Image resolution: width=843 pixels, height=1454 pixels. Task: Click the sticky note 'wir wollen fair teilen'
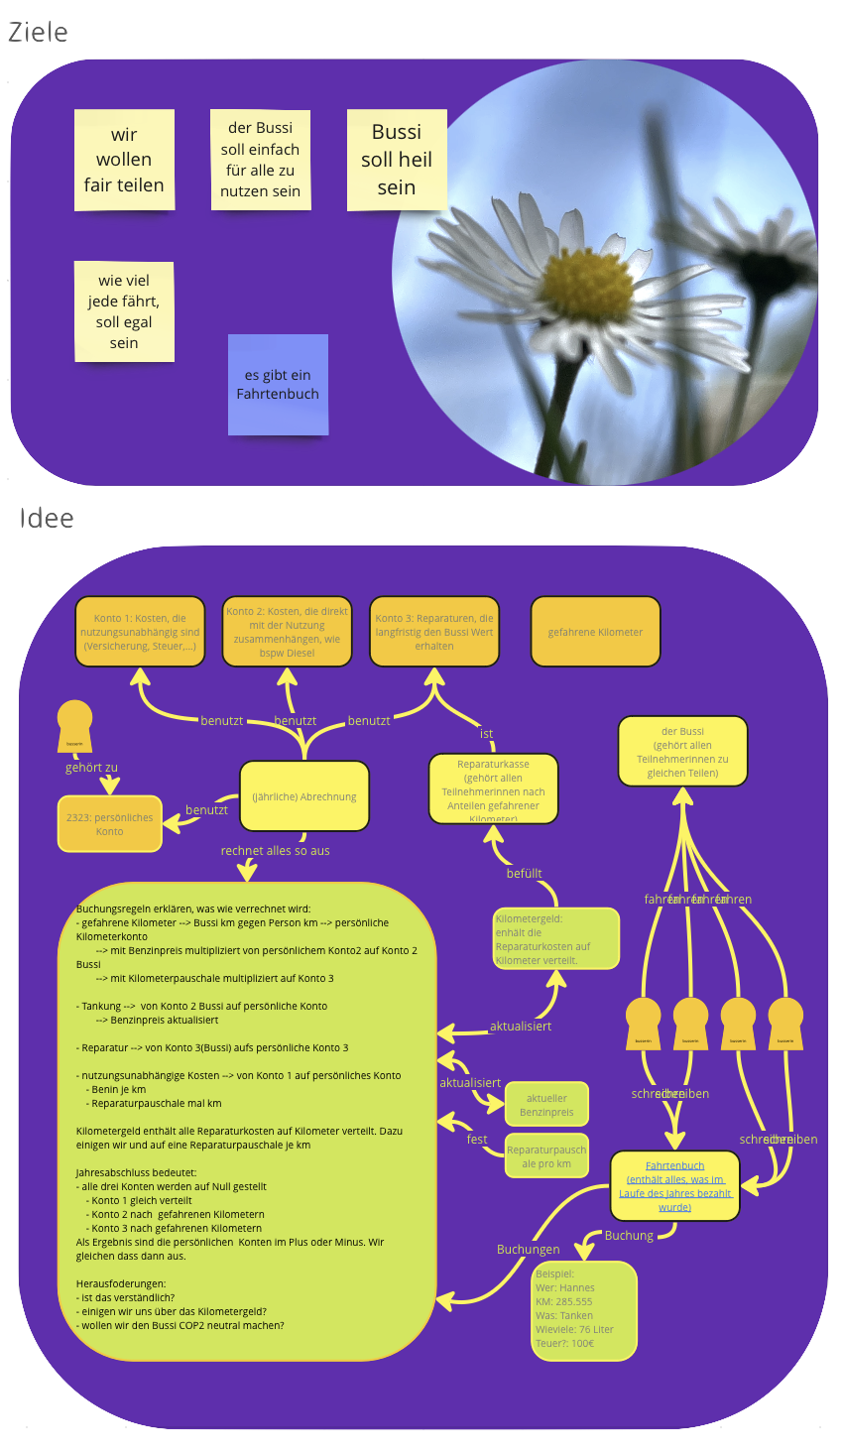click(124, 160)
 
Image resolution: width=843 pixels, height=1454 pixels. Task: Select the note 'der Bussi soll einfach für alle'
click(261, 160)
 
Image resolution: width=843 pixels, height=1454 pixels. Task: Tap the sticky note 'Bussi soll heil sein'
click(397, 160)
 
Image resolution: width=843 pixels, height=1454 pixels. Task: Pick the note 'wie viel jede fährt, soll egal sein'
click(124, 311)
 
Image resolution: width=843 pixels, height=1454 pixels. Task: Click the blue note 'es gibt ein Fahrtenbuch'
click(278, 385)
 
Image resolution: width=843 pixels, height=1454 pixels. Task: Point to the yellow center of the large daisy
click(588, 283)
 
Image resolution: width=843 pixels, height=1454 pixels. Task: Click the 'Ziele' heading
click(38, 33)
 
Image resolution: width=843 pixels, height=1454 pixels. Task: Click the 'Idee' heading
click(47, 519)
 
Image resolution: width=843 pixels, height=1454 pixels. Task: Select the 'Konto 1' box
click(140, 632)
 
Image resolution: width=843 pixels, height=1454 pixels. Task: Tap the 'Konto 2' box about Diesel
click(287, 632)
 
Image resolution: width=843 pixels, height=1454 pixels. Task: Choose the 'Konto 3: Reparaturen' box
click(434, 632)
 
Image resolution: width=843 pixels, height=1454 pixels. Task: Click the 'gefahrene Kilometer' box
click(595, 632)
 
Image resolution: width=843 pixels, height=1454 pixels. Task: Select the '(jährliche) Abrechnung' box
click(304, 796)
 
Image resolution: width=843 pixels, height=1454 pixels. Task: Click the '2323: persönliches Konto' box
click(110, 824)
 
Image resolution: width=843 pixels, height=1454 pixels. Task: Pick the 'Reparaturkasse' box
click(493, 789)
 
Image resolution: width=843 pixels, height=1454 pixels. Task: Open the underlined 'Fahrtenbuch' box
click(674, 1186)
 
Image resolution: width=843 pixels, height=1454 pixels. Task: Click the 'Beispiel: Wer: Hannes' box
click(583, 1309)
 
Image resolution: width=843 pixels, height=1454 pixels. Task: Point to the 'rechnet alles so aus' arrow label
click(276, 851)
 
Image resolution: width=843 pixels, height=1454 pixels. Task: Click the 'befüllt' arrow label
click(524, 874)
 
